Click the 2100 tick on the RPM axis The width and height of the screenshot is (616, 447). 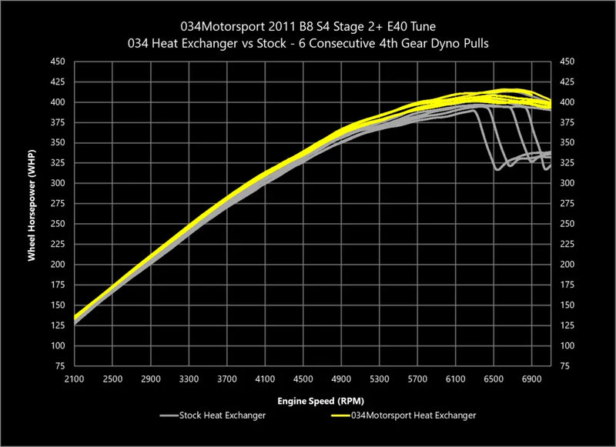coord(75,379)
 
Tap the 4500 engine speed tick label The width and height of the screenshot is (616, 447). coord(303,379)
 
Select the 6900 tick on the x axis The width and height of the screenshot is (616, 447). coord(531,379)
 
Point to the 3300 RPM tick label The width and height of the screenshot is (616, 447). coord(189,379)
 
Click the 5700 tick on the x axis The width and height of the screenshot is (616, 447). coord(417,379)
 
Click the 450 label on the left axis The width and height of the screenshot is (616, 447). coord(57,62)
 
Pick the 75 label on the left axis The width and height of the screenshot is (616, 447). coord(60,366)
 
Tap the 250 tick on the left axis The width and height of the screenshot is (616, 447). coord(57,224)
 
